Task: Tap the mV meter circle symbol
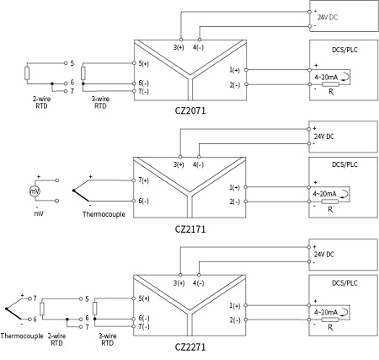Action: (x=35, y=192)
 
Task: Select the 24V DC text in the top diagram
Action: (x=328, y=17)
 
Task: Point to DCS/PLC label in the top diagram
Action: (x=341, y=51)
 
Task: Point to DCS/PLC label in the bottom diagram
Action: (x=341, y=287)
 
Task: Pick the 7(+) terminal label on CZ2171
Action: (x=143, y=180)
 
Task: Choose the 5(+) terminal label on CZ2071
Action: (x=143, y=63)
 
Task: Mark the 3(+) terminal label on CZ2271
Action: (x=179, y=283)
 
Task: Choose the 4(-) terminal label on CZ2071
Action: (x=199, y=47)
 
